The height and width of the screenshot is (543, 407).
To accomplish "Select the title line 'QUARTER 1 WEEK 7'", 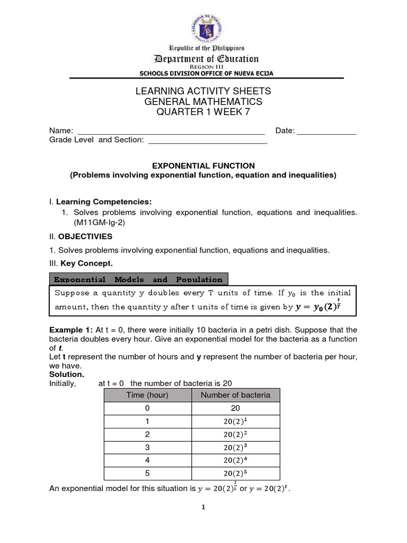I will coord(203,111).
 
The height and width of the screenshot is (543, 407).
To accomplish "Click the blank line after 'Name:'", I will coord(171,132).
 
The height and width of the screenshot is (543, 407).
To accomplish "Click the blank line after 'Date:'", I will coord(326,132).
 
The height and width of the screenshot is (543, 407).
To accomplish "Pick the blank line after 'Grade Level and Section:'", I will coord(207,140).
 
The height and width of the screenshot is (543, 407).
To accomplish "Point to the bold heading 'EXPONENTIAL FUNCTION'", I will coord(203,166).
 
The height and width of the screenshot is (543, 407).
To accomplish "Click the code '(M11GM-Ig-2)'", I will coord(93,223).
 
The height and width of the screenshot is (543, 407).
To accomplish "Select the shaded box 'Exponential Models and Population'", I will coord(139,279).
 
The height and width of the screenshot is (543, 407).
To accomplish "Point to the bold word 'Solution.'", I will coord(67,374).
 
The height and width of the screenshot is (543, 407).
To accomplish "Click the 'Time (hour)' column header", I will coord(147,395).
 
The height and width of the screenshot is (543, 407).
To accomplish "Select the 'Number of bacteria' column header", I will coord(235,395).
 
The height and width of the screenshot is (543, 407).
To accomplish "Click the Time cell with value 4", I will coord(147,460).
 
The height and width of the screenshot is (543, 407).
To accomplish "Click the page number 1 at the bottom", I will coord(203,507).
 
